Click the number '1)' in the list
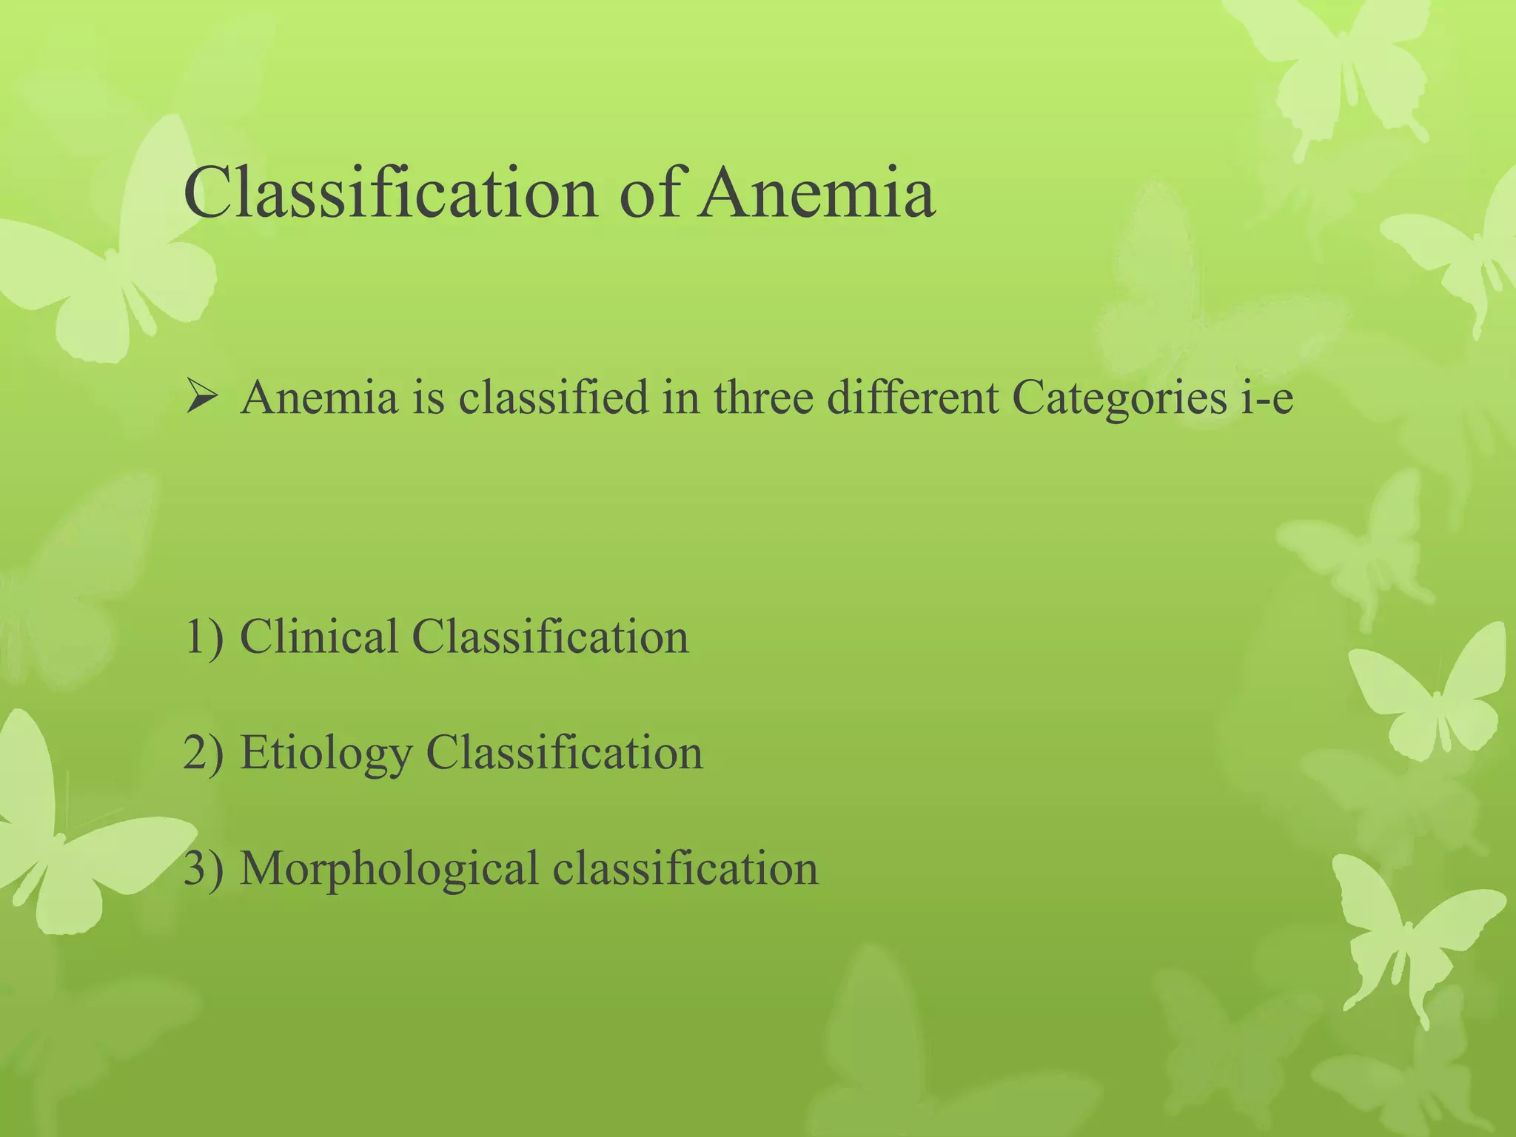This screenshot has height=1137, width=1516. [x=203, y=637]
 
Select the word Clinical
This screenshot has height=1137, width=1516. [x=319, y=637]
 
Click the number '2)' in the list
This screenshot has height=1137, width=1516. [x=203, y=753]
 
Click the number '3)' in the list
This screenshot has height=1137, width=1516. [x=203, y=868]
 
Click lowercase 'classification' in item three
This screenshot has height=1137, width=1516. [x=685, y=868]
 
